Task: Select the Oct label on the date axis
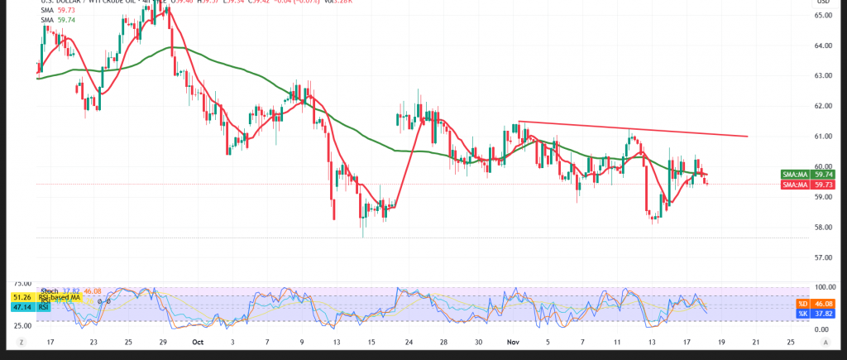coord(197,341)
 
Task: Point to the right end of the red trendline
coord(748,137)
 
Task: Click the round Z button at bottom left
coord(21,341)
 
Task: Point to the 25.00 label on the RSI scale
coord(22,325)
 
